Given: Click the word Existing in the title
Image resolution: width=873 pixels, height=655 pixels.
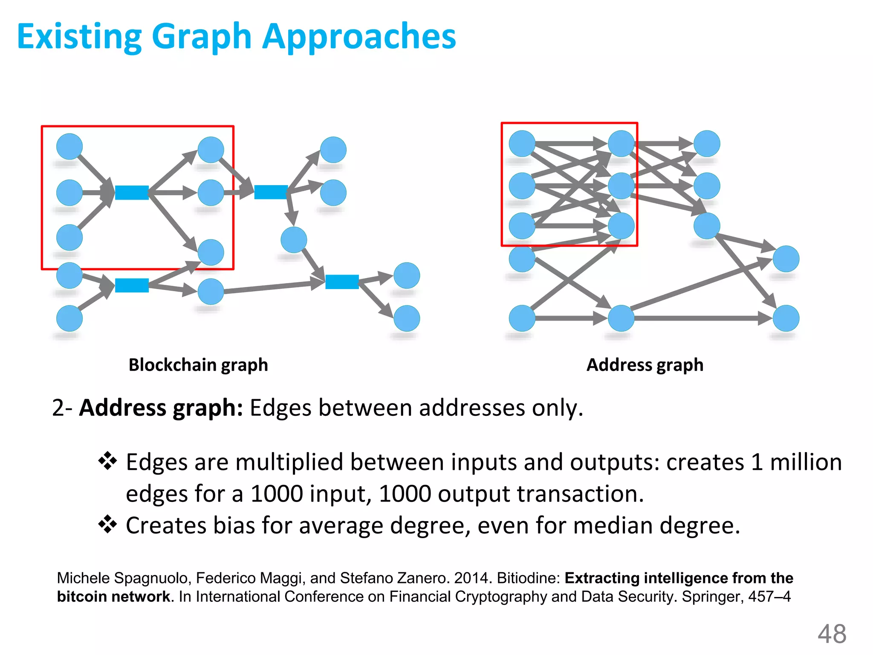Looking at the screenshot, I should [x=79, y=37].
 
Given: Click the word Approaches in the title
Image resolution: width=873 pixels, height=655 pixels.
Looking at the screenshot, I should [x=359, y=37].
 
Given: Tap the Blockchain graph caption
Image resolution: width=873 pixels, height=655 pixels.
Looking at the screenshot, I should [x=198, y=365].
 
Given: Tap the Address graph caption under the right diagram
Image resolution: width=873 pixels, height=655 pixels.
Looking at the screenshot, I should [x=645, y=365].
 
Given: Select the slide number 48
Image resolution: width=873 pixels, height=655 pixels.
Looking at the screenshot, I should [x=832, y=634].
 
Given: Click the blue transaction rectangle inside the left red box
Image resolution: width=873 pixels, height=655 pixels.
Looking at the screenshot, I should [x=132, y=193].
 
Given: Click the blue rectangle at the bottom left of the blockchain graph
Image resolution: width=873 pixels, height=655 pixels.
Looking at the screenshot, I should [x=132, y=285].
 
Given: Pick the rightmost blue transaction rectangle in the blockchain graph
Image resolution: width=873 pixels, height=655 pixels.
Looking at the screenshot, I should [x=342, y=282].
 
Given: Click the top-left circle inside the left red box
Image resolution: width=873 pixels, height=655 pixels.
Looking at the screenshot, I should [x=69, y=146].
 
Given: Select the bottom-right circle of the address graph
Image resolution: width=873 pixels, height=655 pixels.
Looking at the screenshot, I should [x=786, y=318].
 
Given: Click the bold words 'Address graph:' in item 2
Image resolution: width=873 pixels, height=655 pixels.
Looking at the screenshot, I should [x=161, y=408].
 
